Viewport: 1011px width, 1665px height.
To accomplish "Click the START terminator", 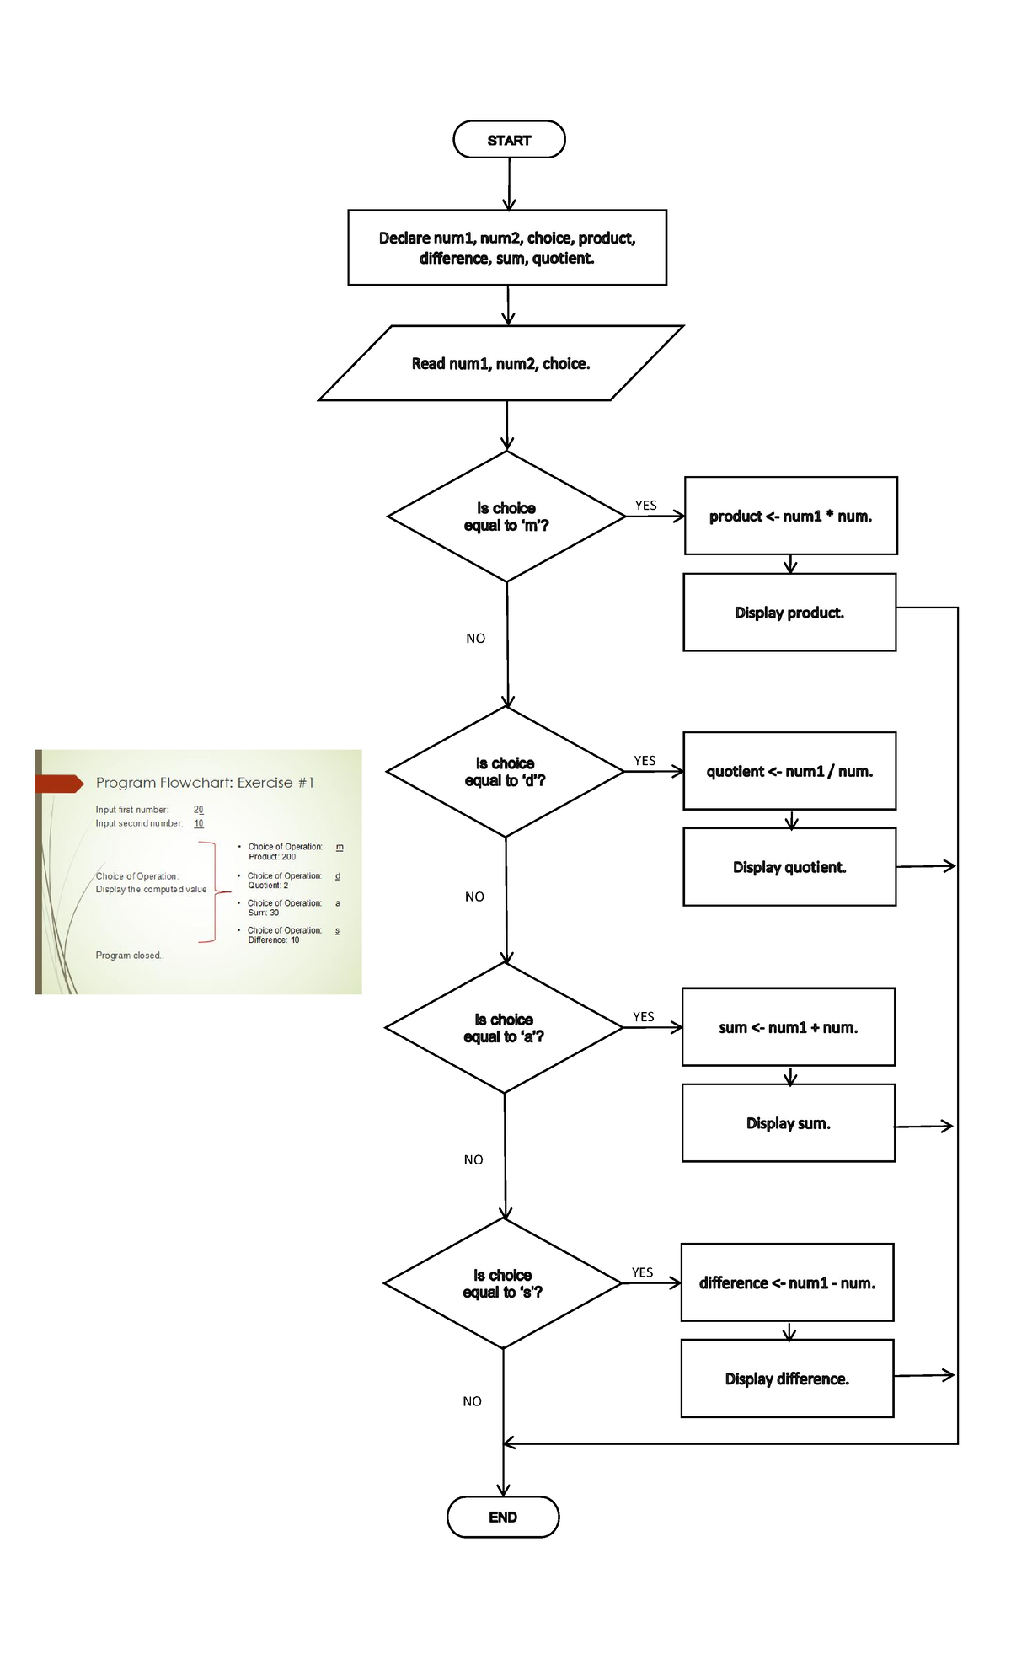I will (x=509, y=140).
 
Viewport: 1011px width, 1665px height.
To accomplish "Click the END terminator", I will (x=503, y=1517).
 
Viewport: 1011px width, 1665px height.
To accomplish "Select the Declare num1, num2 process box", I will (x=507, y=248).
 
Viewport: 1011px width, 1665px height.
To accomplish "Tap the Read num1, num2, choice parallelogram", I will (x=501, y=363).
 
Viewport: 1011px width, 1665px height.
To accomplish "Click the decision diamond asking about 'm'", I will (x=506, y=517).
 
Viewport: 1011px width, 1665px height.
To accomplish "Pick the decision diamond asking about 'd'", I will (x=505, y=772).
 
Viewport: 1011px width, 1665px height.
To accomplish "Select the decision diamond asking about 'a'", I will (x=504, y=1028).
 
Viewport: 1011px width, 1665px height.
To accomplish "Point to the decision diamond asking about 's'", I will (x=503, y=1283).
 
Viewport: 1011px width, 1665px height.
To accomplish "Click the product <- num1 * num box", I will (x=790, y=516).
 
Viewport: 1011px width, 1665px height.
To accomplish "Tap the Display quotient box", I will (x=789, y=867).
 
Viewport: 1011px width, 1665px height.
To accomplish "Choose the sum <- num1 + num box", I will (x=788, y=1027).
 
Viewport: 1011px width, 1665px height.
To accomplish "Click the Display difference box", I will (x=787, y=1379).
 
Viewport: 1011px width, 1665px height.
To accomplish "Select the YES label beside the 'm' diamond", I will (x=645, y=506).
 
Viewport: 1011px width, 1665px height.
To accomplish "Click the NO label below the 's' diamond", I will (x=472, y=1401).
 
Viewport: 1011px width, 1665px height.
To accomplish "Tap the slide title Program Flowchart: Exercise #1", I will (x=205, y=783).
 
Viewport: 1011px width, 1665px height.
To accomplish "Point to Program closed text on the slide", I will (x=129, y=956).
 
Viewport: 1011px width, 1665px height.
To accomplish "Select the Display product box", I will (x=789, y=613).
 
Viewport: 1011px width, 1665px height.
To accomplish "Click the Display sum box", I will (x=788, y=1123).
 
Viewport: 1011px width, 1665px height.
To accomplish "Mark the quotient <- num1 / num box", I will (x=789, y=771).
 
